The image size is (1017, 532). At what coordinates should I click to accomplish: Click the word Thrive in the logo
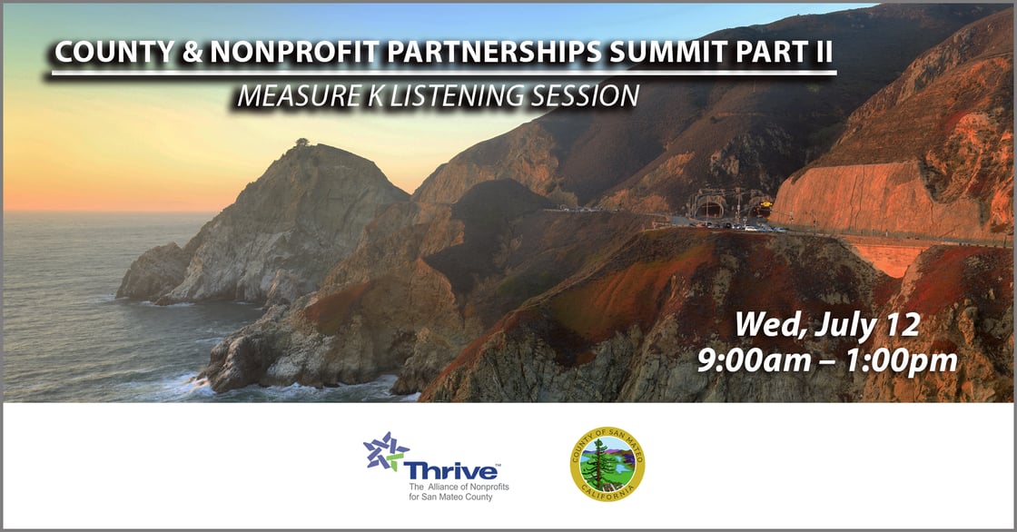pyautogui.click(x=453, y=471)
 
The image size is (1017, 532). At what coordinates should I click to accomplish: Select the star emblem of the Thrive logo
pyautogui.click(x=385, y=451)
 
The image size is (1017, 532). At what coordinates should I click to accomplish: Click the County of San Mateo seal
pyautogui.click(x=607, y=464)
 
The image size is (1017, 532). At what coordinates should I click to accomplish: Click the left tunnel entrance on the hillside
pyautogui.click(x=708, y=208)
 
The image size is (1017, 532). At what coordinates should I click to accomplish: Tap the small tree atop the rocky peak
pyautogui.click(x=301, y=143)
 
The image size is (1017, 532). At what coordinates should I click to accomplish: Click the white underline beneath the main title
pyautogui.click(x=442, y=74)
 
